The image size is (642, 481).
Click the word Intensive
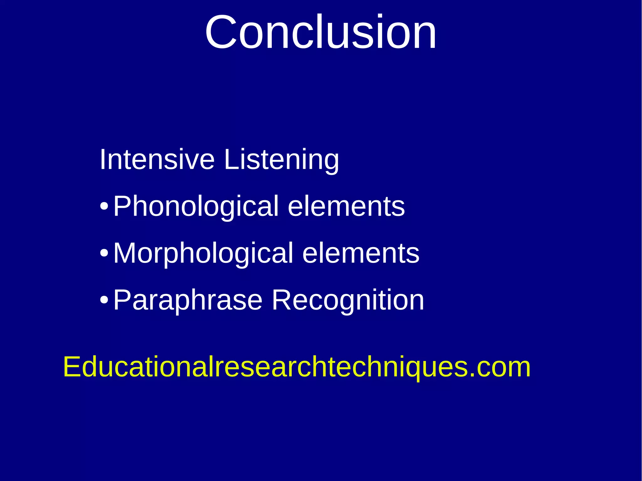pos(157,160)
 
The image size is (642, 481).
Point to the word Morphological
pos(203,254)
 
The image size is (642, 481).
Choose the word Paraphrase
pos(187,301)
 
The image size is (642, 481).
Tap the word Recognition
pos(348,301)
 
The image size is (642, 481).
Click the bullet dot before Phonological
pos(104,207)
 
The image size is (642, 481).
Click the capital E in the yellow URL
pos(72,367)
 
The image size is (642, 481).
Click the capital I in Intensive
pos(102,160)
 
